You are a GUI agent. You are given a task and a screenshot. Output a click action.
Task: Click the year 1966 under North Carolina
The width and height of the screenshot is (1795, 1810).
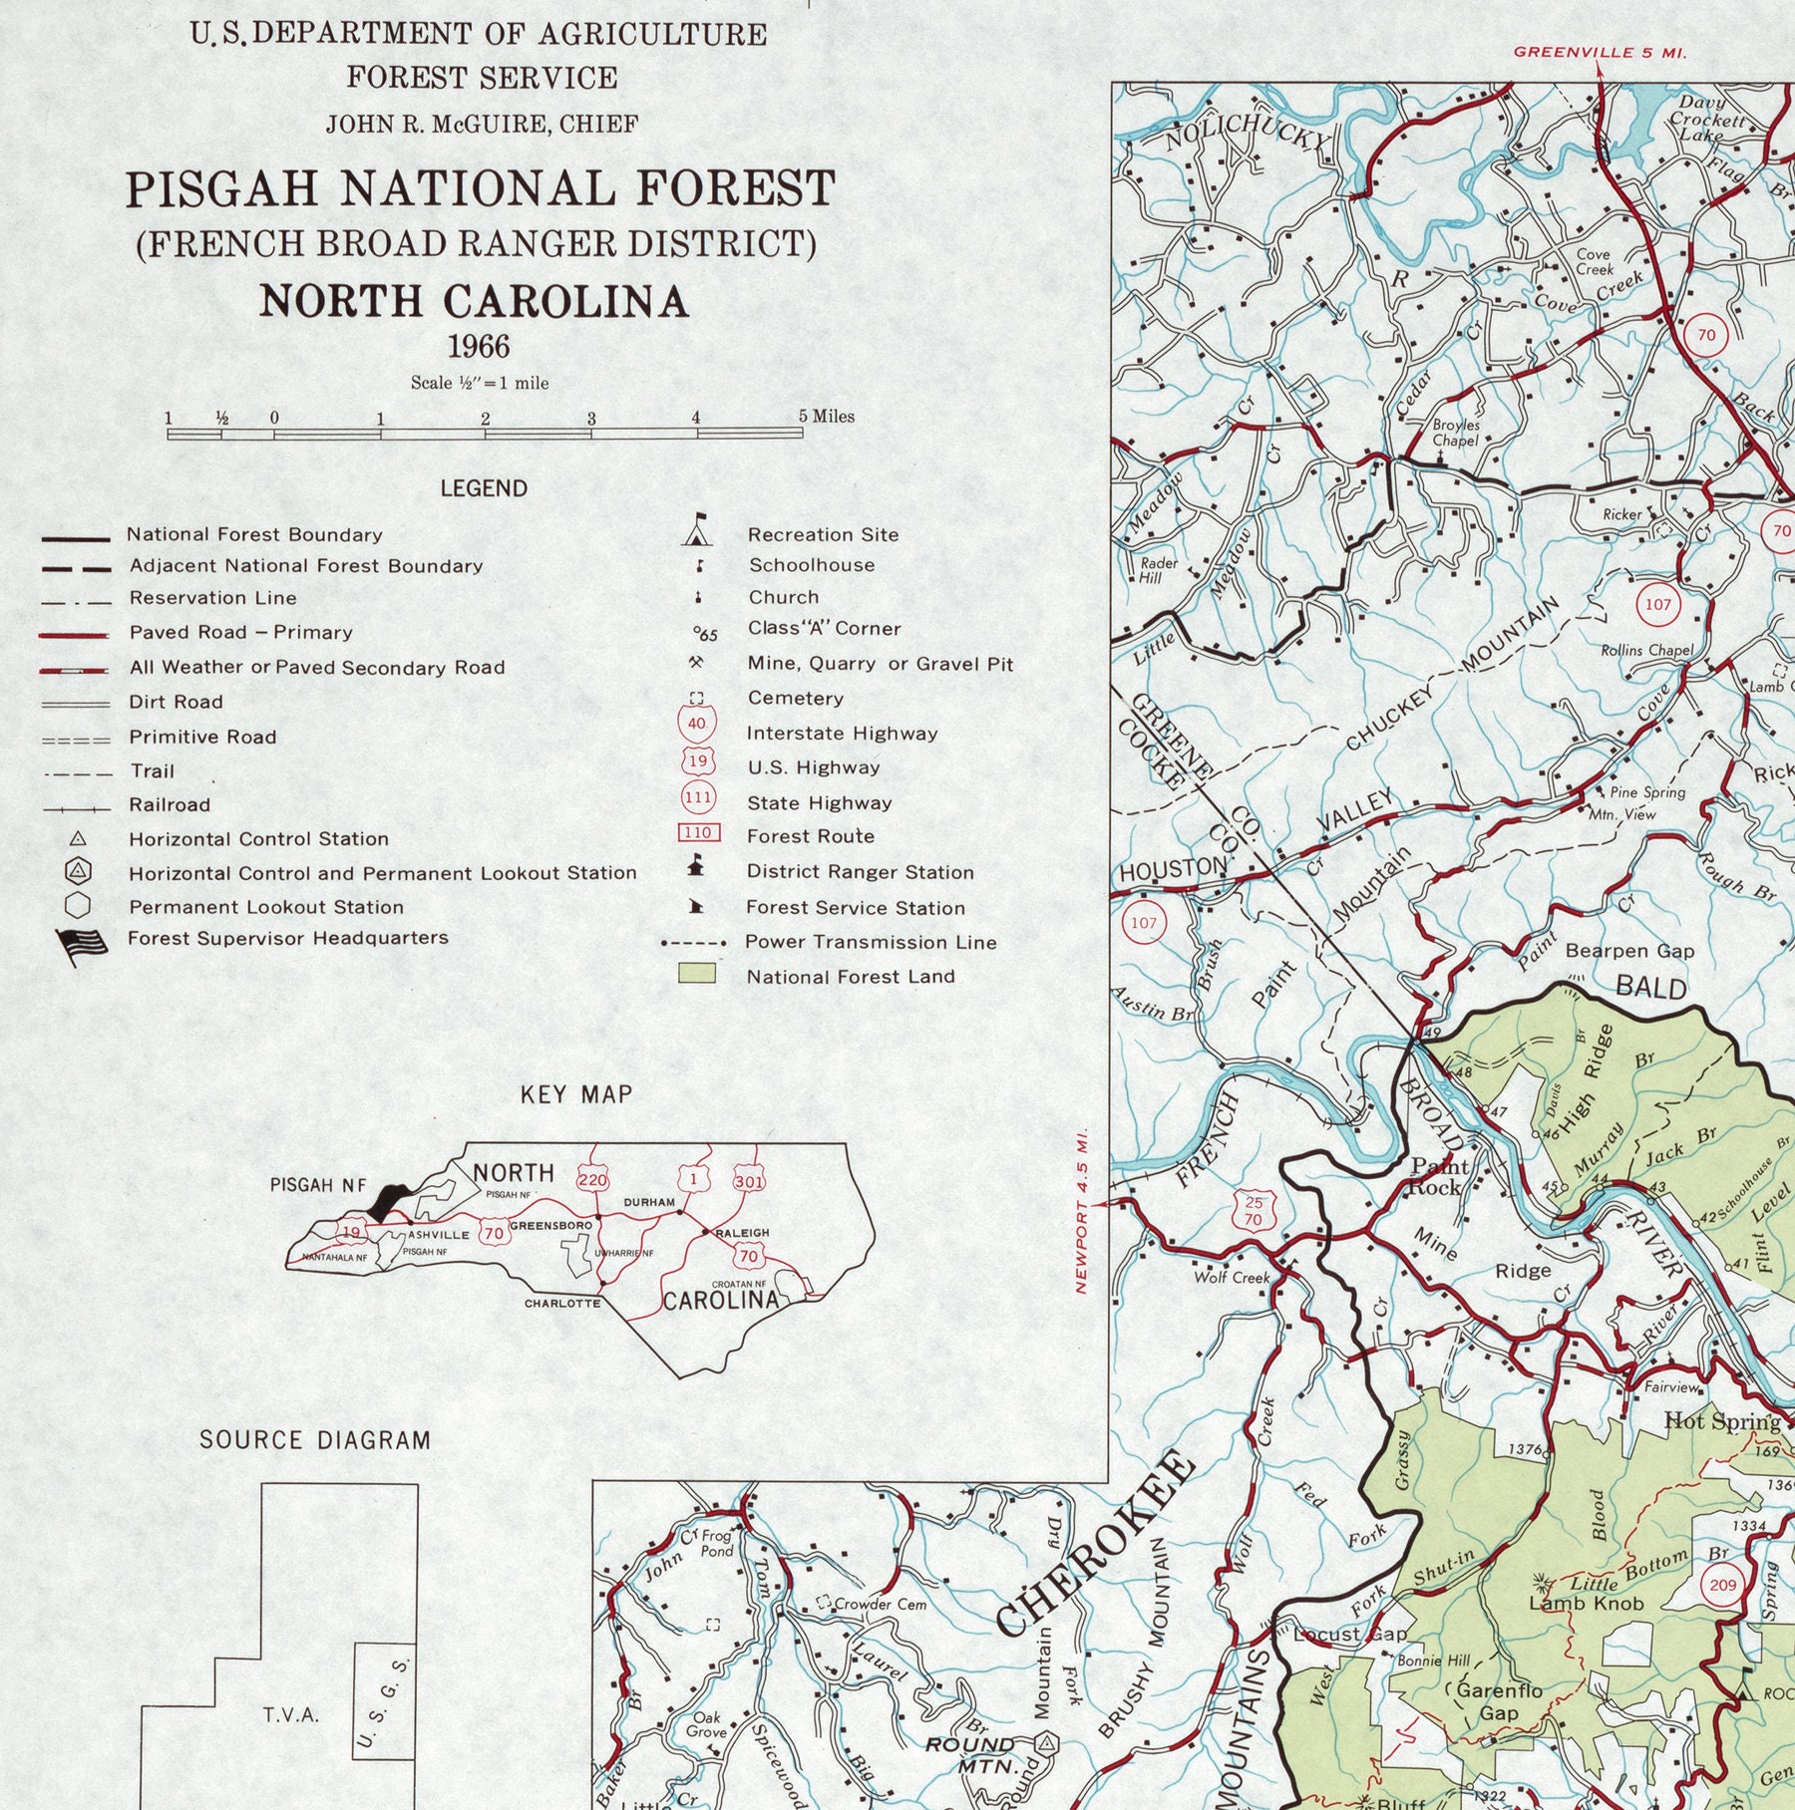[479, 347]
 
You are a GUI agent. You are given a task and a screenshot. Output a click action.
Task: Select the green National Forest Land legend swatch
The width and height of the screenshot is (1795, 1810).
[697, 973]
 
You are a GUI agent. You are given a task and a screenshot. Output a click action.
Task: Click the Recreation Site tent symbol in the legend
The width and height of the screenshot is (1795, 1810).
[698, 531]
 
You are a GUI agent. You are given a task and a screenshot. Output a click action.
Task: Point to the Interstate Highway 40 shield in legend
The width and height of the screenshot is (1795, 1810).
[697, 724]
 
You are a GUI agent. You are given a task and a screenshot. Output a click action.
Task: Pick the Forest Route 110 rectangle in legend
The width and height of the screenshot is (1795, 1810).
[698, 832]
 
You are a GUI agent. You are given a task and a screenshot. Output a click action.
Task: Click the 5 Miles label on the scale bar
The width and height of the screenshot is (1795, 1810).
[828, 417]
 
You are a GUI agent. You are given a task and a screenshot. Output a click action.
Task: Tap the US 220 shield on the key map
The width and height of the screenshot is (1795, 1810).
[592, 1180]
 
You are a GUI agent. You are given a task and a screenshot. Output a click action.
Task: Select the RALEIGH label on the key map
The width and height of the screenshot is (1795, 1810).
[742, 1233]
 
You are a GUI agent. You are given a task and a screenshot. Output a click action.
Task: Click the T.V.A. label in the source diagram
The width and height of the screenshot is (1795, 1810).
[291, 1714]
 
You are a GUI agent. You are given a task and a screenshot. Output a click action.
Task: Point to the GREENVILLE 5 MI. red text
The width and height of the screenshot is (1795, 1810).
[1600, 53]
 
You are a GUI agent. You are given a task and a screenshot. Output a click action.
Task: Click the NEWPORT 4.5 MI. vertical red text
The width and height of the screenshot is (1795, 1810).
[1081, 1210]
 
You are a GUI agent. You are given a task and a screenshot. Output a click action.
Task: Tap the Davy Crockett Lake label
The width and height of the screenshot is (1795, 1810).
[1708, 118]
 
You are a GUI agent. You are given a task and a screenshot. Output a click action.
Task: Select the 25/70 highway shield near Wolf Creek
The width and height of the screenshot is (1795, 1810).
[1253, 1210]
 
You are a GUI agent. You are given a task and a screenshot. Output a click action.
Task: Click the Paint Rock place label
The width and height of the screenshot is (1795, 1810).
[1437, 1176]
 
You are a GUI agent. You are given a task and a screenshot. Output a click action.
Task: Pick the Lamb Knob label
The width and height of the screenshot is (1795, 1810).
[1586, 1604]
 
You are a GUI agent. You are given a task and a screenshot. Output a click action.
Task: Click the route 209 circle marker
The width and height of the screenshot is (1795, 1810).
[1722, 1585]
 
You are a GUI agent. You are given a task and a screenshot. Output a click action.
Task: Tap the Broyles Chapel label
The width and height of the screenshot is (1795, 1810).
[1456, 433]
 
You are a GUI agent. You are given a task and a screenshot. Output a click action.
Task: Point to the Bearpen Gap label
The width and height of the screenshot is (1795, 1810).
[1629, 951]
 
